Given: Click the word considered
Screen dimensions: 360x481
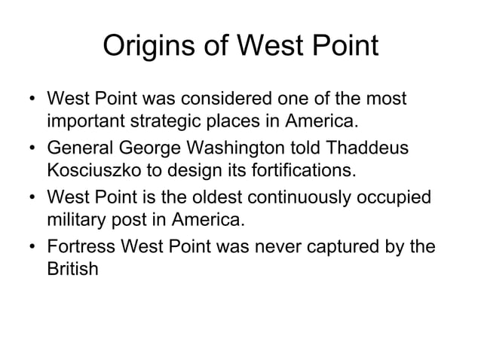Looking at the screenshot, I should pyautogui.click(x=219, y=99).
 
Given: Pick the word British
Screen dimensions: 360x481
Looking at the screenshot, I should pyautogui.click(x=72, y=268).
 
